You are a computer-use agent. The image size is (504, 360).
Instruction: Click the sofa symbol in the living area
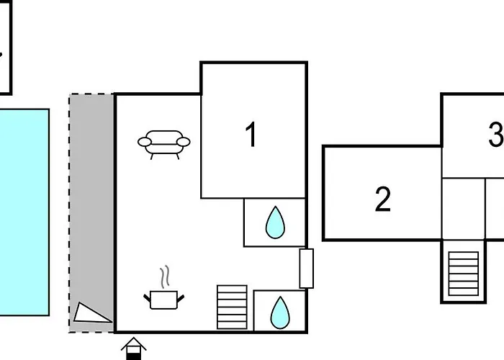click(164, 144)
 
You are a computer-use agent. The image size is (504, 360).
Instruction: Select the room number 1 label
click(251, 135)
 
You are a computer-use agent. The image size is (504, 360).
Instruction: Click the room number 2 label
click(383, 199)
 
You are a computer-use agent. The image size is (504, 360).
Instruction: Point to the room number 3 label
click(496, 134)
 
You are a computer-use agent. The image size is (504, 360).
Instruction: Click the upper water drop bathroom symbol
click(275, 222)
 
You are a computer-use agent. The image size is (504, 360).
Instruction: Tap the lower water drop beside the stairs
click(280, 312)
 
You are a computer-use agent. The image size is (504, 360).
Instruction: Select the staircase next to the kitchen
click(232, 307)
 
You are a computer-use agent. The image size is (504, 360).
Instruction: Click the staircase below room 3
click(464, 274)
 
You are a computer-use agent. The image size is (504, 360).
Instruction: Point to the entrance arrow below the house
click(133, 348)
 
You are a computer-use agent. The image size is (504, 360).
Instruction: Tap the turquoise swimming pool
click(24, 212)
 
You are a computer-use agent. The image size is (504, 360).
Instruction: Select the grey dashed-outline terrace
click(91, 213)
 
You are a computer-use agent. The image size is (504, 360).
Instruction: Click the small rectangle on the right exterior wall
click(306, 269)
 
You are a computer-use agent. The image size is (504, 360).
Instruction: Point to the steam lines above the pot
click(165, 276)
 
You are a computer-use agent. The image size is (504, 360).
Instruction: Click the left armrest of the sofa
click(144, 142)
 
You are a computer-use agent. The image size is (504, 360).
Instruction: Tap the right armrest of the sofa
click(184, 142)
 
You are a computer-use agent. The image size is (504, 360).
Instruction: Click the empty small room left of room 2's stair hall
click(464, 209)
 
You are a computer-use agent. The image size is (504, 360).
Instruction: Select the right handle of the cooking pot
click(181, 299)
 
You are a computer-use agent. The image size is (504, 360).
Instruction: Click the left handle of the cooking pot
click(147, 299)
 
